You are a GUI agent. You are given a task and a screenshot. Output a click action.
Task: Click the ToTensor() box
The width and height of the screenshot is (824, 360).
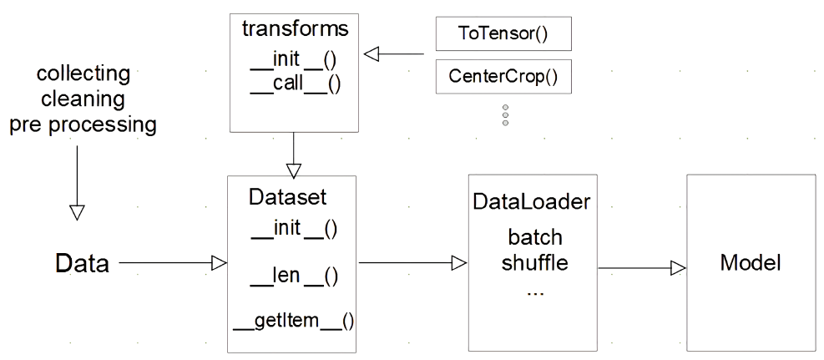[503, 36]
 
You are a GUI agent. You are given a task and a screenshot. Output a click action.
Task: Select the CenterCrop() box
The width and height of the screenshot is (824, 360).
[503, 78]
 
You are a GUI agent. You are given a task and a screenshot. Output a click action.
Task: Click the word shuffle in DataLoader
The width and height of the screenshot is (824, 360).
[534, 264]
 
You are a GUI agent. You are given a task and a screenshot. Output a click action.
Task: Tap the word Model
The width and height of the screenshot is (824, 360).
[750, 264]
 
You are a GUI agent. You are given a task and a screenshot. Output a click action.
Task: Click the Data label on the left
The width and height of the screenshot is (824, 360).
[82, 265]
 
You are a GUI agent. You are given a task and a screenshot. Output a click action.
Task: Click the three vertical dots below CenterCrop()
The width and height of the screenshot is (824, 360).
[505, 115]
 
